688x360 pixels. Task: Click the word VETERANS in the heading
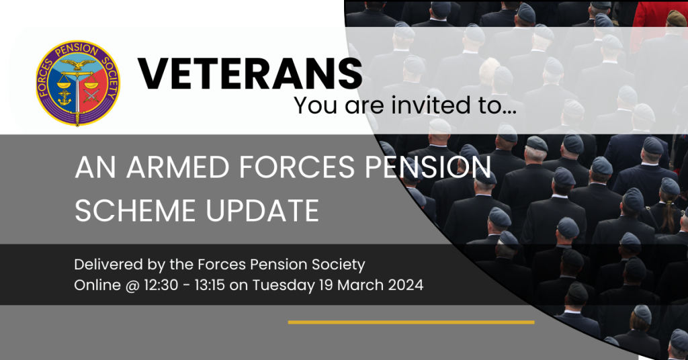click(250, 73)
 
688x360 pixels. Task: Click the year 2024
click(406, 285)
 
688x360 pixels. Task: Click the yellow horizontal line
click(411, 322)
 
